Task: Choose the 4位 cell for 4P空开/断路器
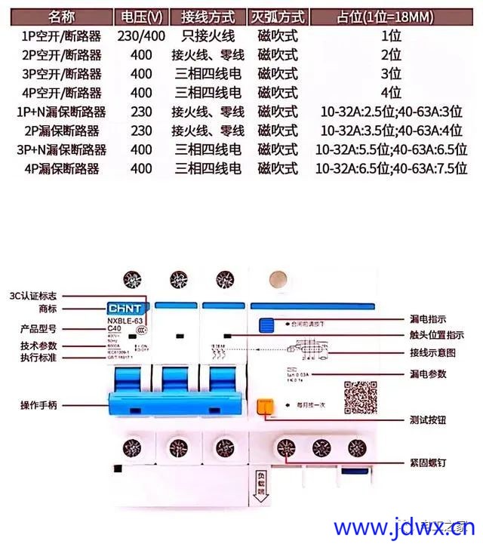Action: [390, 93]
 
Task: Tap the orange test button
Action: [265, 407]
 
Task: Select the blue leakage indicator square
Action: [265, 325]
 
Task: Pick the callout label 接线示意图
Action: [432, 352]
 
